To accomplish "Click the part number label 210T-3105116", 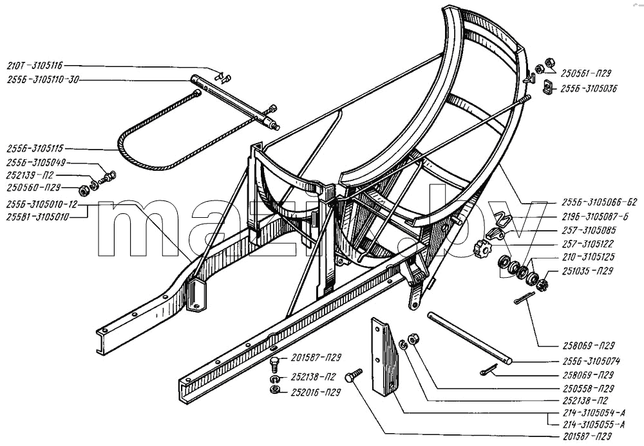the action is tap(35, 65).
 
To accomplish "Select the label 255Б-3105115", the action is tap(35, 149).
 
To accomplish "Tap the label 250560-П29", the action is tap(33, 188).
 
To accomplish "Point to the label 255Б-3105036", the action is tap(589, 88).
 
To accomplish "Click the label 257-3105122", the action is tap(587, 244).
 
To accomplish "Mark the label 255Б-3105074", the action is tap(591, 362).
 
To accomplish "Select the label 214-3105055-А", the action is tap(592, 424).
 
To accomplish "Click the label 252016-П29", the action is tap(316, 393).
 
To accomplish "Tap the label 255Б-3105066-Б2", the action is tap(599, 202).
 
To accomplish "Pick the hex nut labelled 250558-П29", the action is tap(413, 340).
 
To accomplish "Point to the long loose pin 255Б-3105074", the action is tap(469, 338).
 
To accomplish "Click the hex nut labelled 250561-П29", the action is tap(548, 63).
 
